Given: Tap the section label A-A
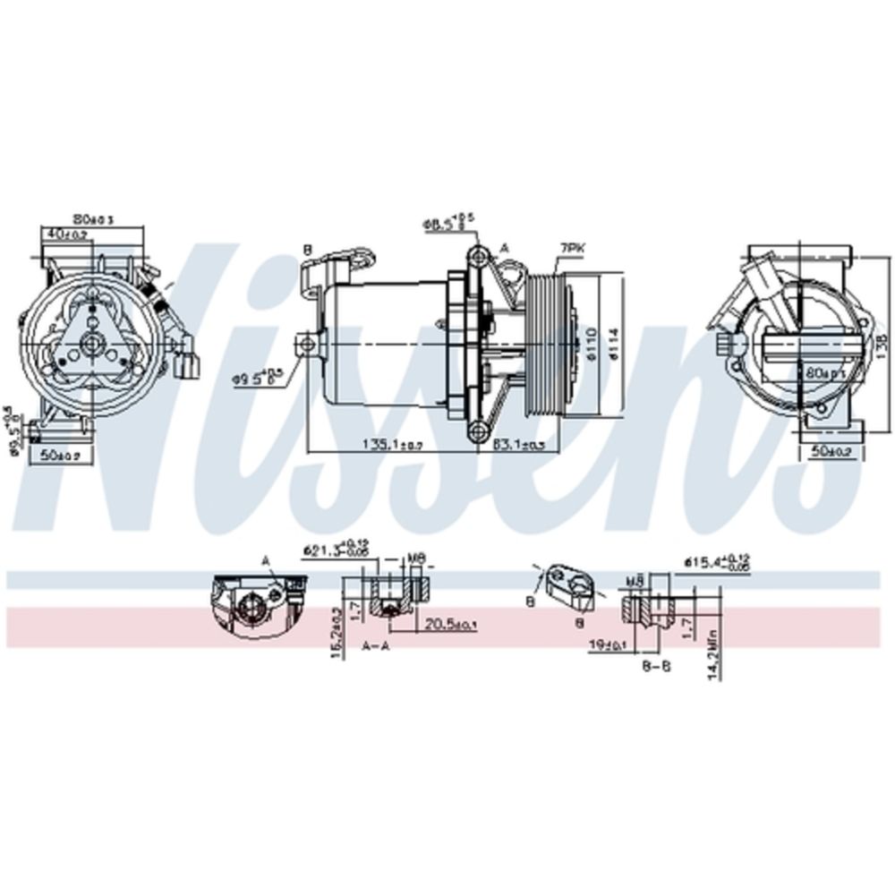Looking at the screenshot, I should [x=376, y=644].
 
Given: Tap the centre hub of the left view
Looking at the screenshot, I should [x=92, y=341].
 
